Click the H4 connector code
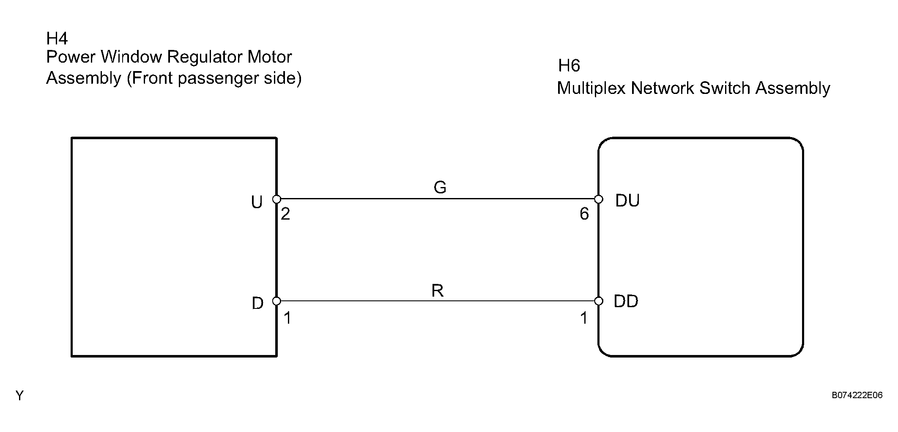57,39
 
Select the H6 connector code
569,66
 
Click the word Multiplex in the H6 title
591,88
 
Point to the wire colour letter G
440,187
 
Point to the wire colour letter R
438,291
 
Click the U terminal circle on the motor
277,199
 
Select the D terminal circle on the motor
277,301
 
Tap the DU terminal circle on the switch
599,199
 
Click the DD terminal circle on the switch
599,301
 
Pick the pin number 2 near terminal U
285,214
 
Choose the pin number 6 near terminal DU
584,214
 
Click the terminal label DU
627,201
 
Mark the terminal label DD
626,301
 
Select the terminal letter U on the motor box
257,203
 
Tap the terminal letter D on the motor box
257,303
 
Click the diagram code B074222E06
857,395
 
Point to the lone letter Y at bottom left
19,396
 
